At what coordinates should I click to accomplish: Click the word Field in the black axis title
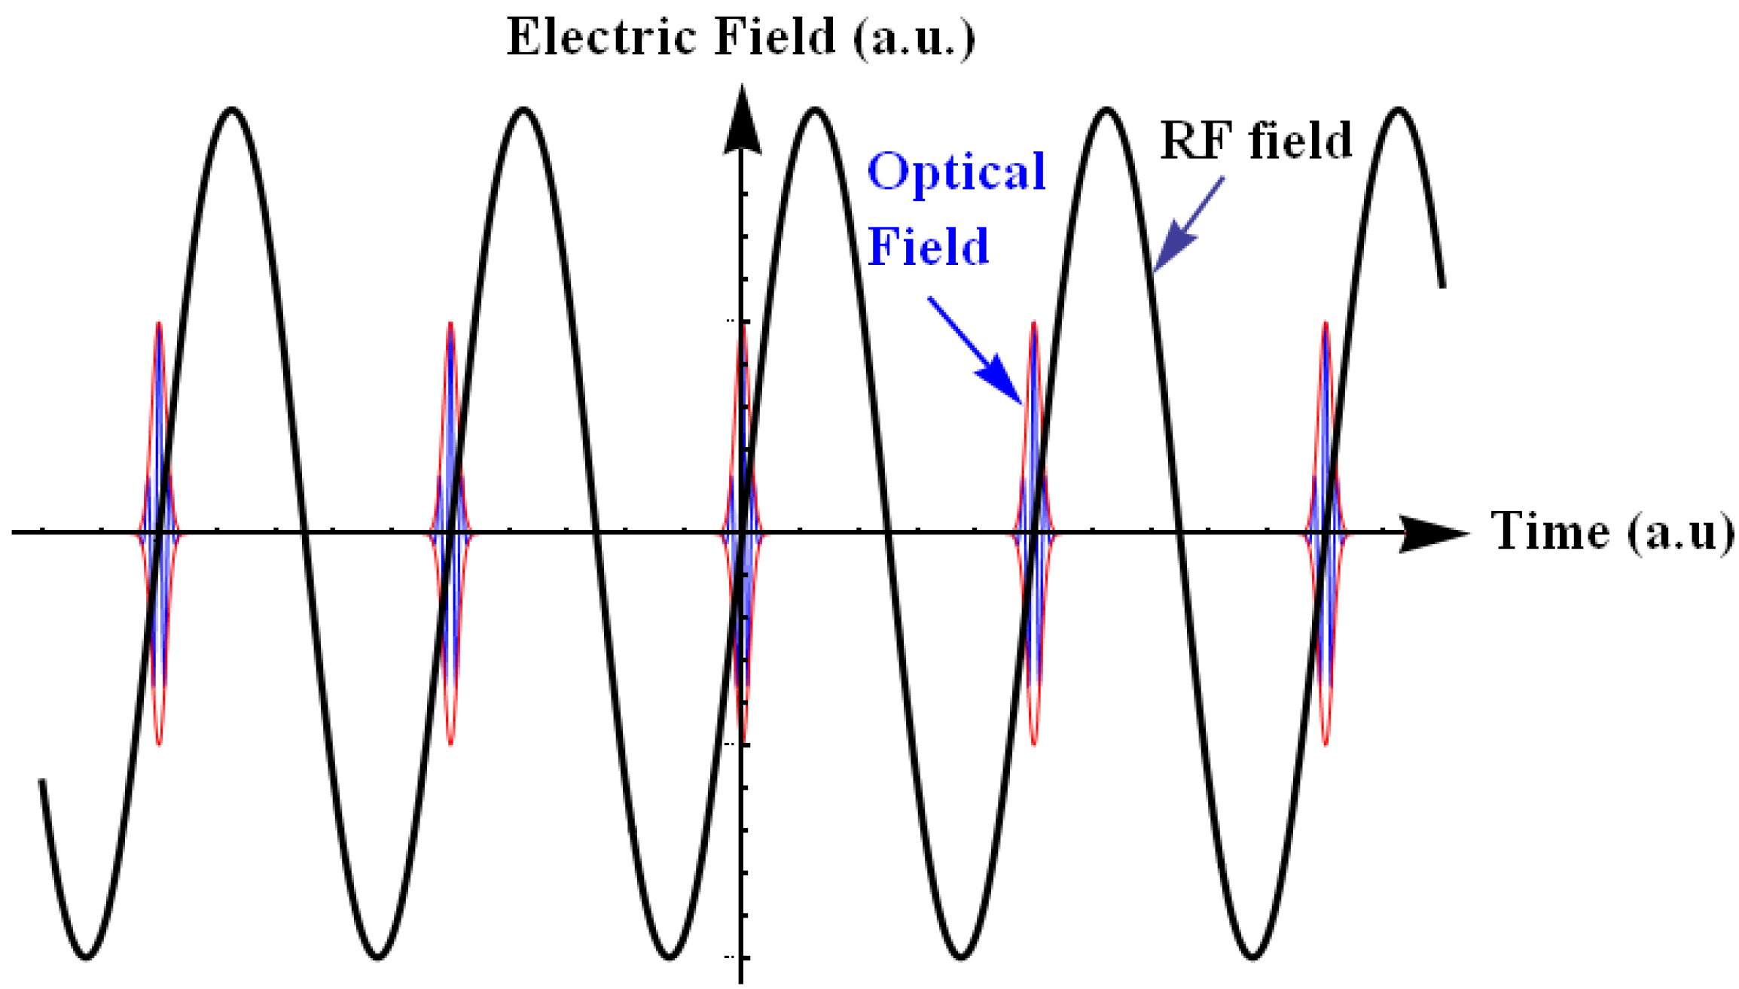click(775, 37)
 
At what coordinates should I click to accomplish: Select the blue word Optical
click(956, 172)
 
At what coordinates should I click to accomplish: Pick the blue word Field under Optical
click(928, 246)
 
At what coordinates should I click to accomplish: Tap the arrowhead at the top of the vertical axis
click(743, 120)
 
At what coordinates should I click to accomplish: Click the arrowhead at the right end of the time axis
click(1431, 533)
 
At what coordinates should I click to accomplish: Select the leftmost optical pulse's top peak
click(158, 324)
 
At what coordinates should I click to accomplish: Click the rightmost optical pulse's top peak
click(1326, 324)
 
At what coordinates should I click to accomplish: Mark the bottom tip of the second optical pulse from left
click(450, 744)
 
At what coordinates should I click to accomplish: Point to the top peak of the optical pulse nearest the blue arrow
click(1034, 324)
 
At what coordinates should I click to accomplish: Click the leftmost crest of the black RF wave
click(233, 111)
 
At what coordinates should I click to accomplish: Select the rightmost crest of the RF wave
click(1399, 111)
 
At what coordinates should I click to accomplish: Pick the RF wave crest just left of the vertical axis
click(524, 111)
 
